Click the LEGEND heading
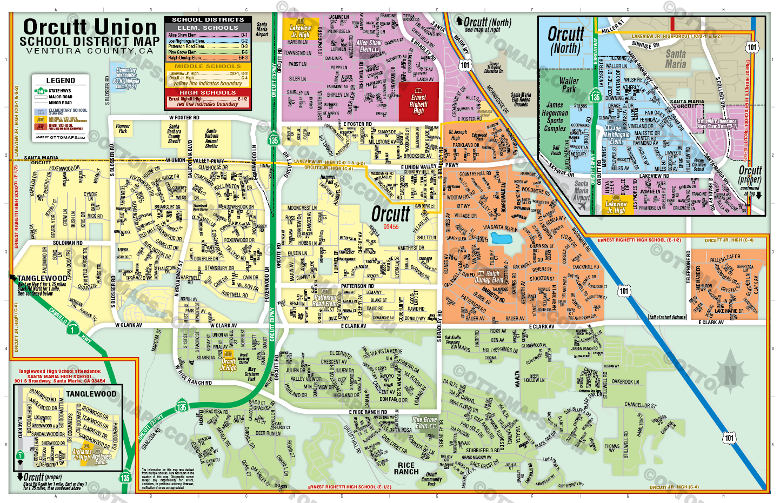point(61,80)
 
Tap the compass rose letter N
point(730,374)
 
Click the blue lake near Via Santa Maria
point(501,238)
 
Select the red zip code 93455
point(391,227)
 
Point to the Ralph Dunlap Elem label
point(489,277)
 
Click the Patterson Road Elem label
point(325,300)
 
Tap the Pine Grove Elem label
point(424,422)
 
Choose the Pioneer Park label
point(123,128)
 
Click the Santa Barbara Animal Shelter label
point(211,138)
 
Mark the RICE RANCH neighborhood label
point(406,468)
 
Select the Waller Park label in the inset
point(569,85)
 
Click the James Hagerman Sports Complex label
point(555,117)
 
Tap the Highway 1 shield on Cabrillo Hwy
point(73,327)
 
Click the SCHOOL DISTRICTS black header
point(208,19)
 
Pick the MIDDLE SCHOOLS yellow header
point(208,66)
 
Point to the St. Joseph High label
point(457,135)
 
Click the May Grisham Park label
point(251,373)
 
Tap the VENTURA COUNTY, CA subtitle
point(90,51)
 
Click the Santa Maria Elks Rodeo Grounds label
point(521,99)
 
